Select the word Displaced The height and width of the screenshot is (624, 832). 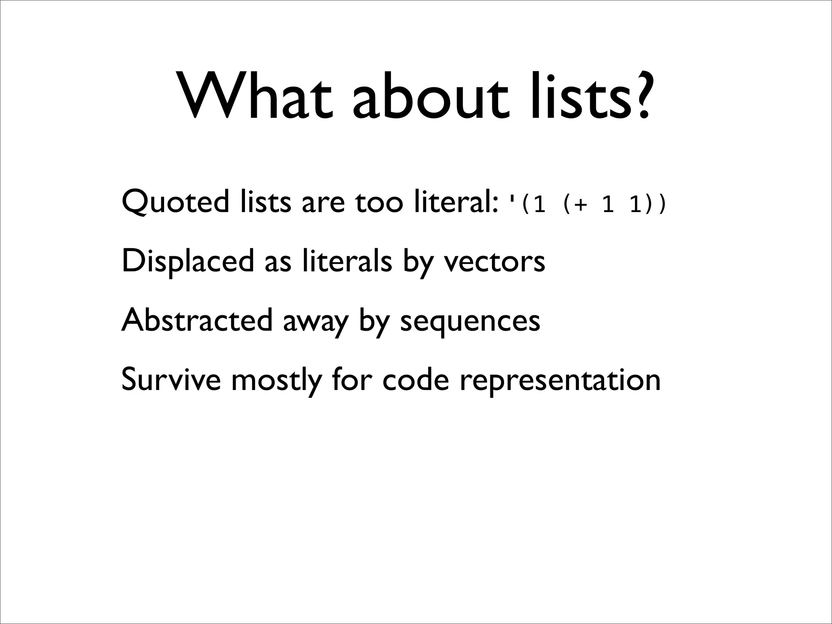click(187, 261)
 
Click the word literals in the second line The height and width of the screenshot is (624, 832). click(347, 261)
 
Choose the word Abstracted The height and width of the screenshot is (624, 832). click(197, 321)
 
